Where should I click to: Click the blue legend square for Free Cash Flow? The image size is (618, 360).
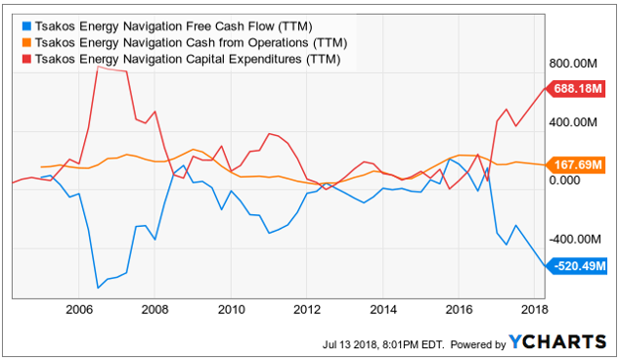tap(26, 26)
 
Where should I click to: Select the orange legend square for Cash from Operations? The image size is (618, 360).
tap(26, 43)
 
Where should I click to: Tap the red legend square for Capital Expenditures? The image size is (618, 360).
tap(26, 59)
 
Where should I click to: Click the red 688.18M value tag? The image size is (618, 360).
tap(575, 89)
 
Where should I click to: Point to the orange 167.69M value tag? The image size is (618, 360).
tap(575, 164)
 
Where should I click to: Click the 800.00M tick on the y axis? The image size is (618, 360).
tap(573, 63)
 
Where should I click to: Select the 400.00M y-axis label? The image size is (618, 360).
tap(573, 122)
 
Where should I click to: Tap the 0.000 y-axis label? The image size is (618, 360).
tap(565, 180)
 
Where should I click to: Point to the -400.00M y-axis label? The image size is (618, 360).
tap(575, 239)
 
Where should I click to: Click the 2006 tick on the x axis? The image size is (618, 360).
tap(79, 309)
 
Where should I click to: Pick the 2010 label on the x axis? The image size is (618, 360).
tap(232, 309)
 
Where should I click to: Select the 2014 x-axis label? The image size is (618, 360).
tap(383, 309)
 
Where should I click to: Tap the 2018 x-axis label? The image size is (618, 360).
tap(535, 309)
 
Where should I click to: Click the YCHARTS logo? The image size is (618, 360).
tap(557, 341)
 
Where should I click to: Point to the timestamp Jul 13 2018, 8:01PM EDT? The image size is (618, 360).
tap(383, 344)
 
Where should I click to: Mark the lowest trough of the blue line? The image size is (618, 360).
tap(98, 288)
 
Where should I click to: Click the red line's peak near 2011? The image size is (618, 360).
tap(270, 134)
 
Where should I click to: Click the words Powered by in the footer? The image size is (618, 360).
tap(478, 344)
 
